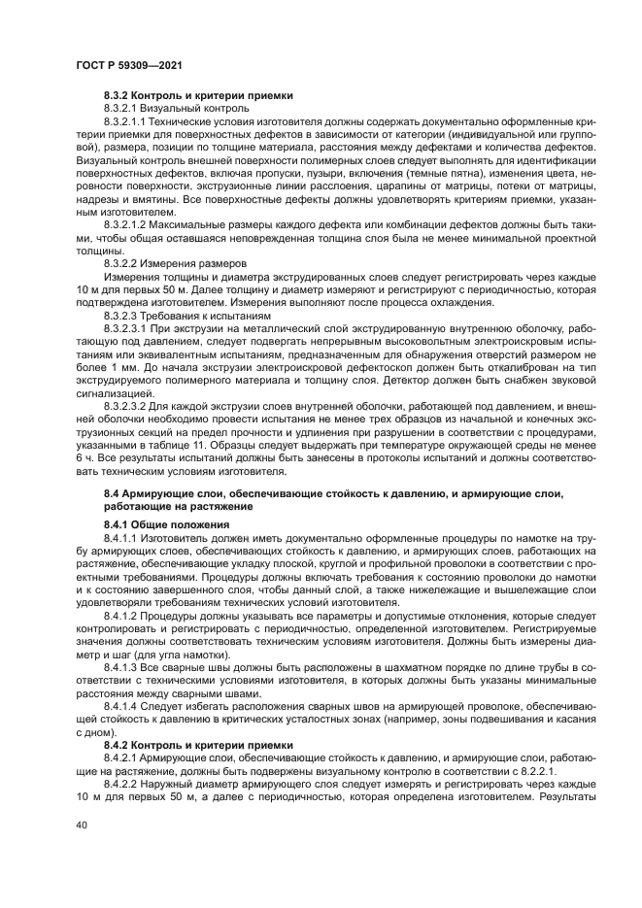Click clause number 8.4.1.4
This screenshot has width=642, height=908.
[x=122, y=708]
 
